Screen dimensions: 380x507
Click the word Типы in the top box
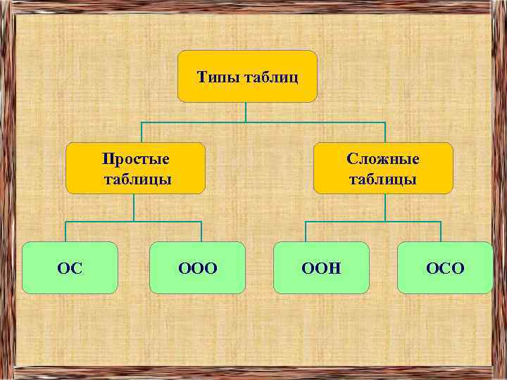point(217,76)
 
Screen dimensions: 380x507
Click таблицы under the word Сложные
point(383,179)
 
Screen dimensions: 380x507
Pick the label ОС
point(70,268)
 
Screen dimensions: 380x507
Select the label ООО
point(198,268)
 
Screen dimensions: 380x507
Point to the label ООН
point(321,268)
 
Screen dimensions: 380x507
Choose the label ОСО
point(445,268)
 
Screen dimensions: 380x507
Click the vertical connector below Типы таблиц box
point(246,113)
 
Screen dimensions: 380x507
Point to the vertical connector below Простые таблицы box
point(134,208)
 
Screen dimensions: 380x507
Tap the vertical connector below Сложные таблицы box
point(384,208)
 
